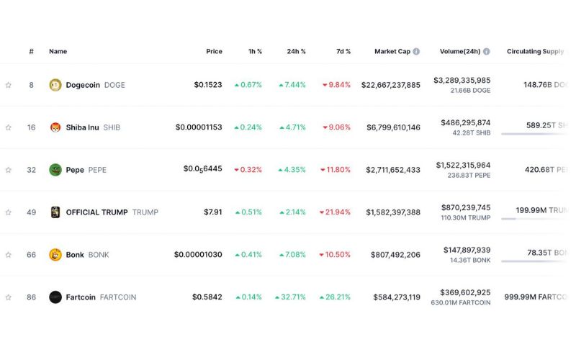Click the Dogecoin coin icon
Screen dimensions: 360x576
(x=55, y=85)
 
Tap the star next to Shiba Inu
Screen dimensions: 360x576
(x=9, y=127)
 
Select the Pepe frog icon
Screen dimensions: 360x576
(x=55, y=170)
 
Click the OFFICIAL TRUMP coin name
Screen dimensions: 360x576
(x=96, y=212)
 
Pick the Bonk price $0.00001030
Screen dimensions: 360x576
(x=198, y=255)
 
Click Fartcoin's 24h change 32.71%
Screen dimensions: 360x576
(x=290, y=297)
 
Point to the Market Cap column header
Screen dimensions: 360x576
(x=392, y=52)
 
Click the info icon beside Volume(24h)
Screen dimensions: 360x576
(x=487, y=52)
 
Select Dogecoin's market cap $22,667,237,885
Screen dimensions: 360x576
(x=391, y=85)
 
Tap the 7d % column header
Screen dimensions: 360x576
(x=343, y=52)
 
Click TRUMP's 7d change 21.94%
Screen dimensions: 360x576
(x=336, y=212)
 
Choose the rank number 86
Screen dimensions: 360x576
(x=31, y=297)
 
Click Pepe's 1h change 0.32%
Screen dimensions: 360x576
(x=248, y=170)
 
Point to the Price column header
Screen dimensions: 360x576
(x=214, y=52)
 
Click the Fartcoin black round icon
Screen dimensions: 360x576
(x=55, y=297)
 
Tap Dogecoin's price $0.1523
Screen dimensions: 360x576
(x=208, y=85)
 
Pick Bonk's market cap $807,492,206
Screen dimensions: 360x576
(x=395, y=255)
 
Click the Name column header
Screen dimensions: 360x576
(x=58, y=52)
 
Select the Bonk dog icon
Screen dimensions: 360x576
(x=55, y=255)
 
